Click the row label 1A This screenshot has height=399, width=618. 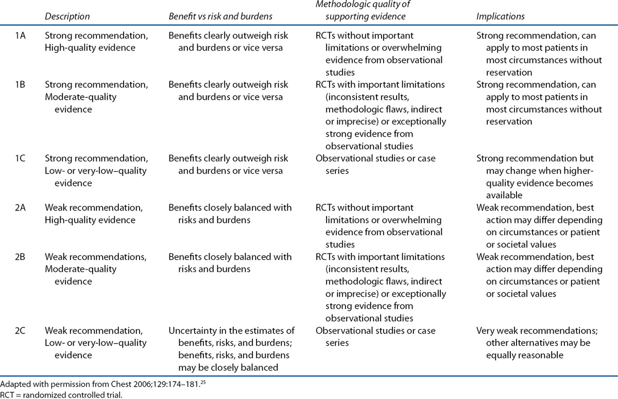(x=21, y=36)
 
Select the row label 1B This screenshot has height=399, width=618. (x=21, y=84)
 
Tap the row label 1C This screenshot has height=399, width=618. (x=21, y=158)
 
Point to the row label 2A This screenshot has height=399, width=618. (x=21, y=207)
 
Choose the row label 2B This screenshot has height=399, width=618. (x=21, y=256)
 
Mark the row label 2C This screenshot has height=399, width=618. (x=21, y=330)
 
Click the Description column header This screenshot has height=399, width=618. (x=67, y=16)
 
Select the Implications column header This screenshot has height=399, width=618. (x=500, y=16)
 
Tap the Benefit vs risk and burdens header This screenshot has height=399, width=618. (x=220, y=16)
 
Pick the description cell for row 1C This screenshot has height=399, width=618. (x=96, y=170)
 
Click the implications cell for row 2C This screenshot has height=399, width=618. (x=533, y=342)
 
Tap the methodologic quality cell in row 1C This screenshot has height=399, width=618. (x=375, y=164)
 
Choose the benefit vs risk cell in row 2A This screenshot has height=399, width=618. (x=230, y=214)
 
